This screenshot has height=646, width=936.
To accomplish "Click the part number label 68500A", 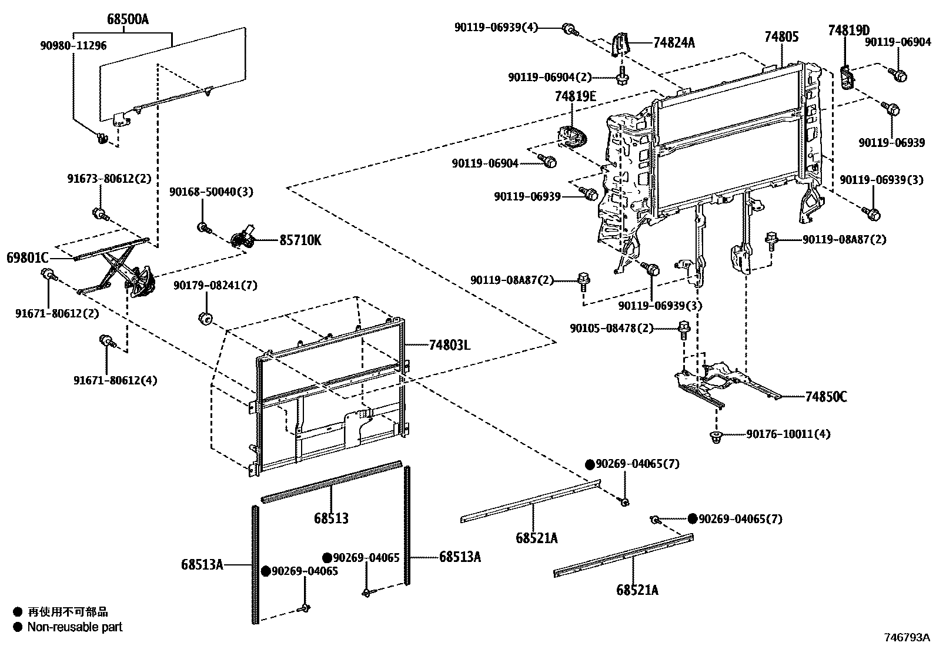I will pyautogui.click(x=128, y=19).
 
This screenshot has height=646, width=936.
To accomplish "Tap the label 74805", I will pyautogui.click(x=781, y=37).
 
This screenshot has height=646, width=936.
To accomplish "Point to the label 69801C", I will pyautogui.click(x=28, y=257).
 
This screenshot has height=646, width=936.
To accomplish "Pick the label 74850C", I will pyautogui.click(x=826, y=397).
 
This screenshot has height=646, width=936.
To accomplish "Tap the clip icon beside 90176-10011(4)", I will pyautogui.click(x=716, y=436).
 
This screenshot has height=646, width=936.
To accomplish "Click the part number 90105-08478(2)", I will pyautogui.click(x=611, y=328).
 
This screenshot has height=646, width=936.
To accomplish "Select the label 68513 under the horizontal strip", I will pyautogui.click(x=331, y=518).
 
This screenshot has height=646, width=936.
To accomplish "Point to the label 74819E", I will pyautogui.click(x=575, y=96).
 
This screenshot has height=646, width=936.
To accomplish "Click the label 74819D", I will pyautogui.click(x=849, y=30).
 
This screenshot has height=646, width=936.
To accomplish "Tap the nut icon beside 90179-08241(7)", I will pyautogui.click(x=205, y=318).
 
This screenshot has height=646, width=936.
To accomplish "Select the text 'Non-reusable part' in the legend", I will pyautogui.click(x=75, y=627).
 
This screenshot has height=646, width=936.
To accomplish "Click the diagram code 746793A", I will pyautogui.click(x=908, y=637).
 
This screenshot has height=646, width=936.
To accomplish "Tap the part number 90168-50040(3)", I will pyautogui.click(x=207, y=192).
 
